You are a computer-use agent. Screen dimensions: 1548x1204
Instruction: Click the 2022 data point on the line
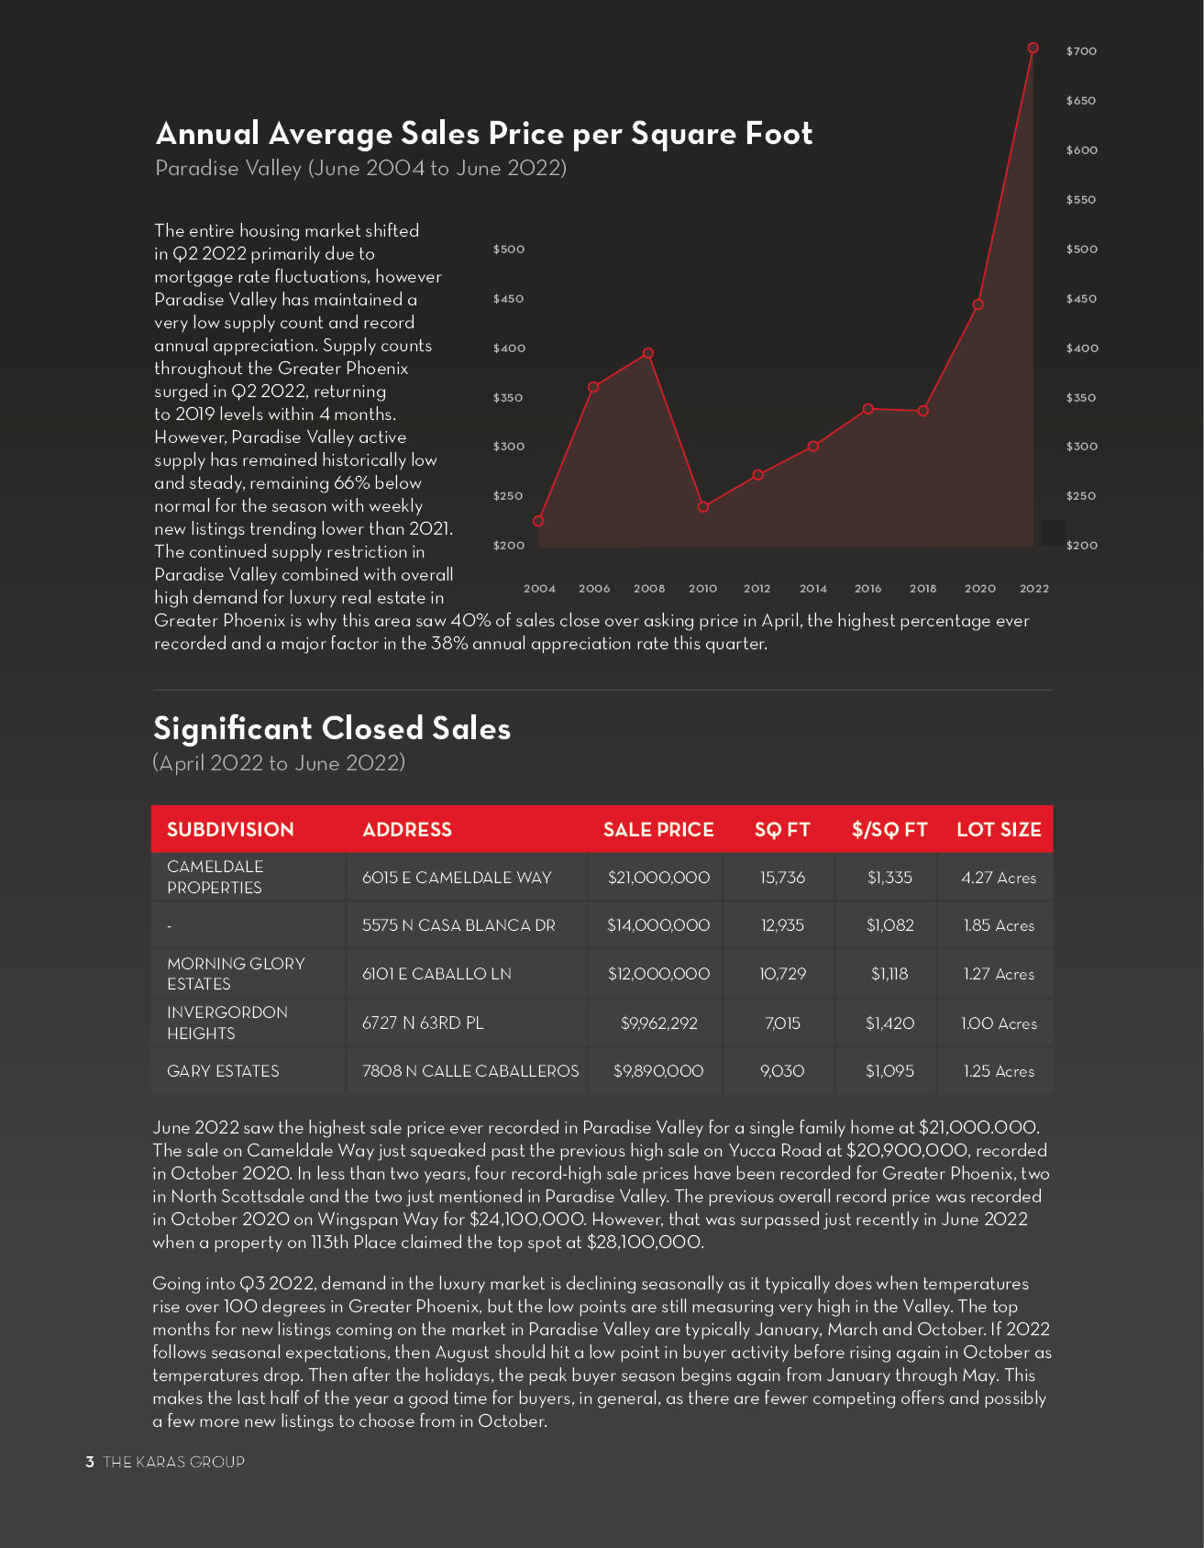point(1033,48)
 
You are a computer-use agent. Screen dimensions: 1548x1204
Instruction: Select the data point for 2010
point(703,507)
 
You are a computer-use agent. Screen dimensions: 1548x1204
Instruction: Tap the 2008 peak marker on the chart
point(648,353)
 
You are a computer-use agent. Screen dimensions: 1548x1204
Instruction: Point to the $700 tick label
point(1081,51)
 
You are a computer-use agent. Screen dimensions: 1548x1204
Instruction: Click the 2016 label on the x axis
point(867,589)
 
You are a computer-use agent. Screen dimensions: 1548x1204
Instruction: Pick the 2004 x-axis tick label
point(539,589)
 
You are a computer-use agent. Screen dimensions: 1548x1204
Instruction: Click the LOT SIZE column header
point(999,830)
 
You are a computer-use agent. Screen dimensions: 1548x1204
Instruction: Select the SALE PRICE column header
point(658,830)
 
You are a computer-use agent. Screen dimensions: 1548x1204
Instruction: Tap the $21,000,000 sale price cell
point(658,878)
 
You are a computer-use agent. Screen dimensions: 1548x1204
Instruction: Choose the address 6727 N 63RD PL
point(423,1023)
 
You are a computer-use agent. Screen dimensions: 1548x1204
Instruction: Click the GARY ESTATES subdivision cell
point(223,1071)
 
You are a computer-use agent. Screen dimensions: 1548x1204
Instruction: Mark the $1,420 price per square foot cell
point(889,1023)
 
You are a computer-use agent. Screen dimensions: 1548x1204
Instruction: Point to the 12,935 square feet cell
point(782,925)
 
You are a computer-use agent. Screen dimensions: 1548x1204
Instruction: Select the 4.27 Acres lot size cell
point(999,878)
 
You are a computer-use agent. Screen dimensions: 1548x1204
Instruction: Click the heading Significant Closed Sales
point(332,728)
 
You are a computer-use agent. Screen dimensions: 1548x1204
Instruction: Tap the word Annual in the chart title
point(208,134)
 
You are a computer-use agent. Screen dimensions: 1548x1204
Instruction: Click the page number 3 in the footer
point(90,1462)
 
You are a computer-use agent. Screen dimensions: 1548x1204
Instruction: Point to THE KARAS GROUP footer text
point(174,1462)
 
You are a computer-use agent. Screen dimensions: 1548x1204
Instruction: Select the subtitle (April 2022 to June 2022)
point(279,763)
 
